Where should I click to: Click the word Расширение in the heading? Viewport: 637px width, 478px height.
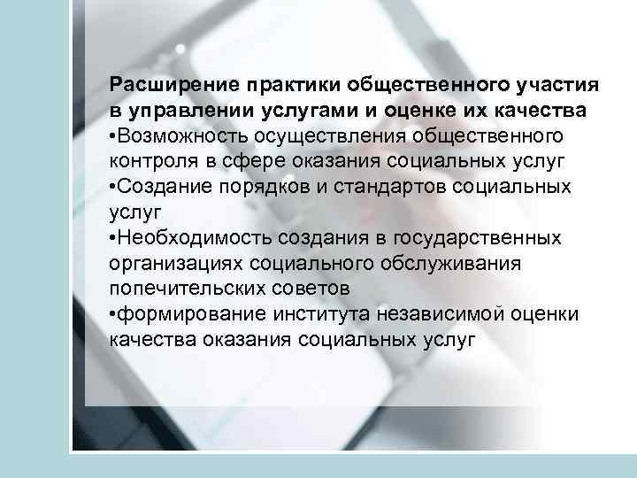tap(162, 85)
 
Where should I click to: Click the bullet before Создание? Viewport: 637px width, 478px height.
tap(112, 188)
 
